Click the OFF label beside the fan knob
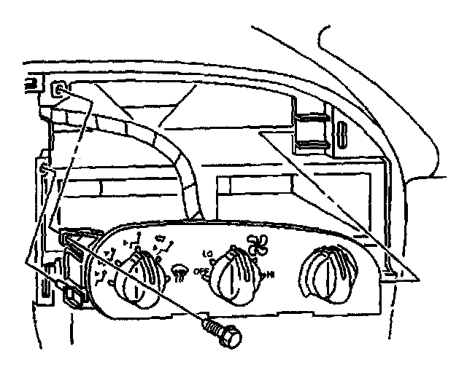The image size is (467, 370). (x=202, y=272)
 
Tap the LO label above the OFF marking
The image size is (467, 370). (x=207, y=253)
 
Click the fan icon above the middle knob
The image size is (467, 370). (x=256, y=242)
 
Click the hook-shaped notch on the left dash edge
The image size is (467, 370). (x=45, y=172)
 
